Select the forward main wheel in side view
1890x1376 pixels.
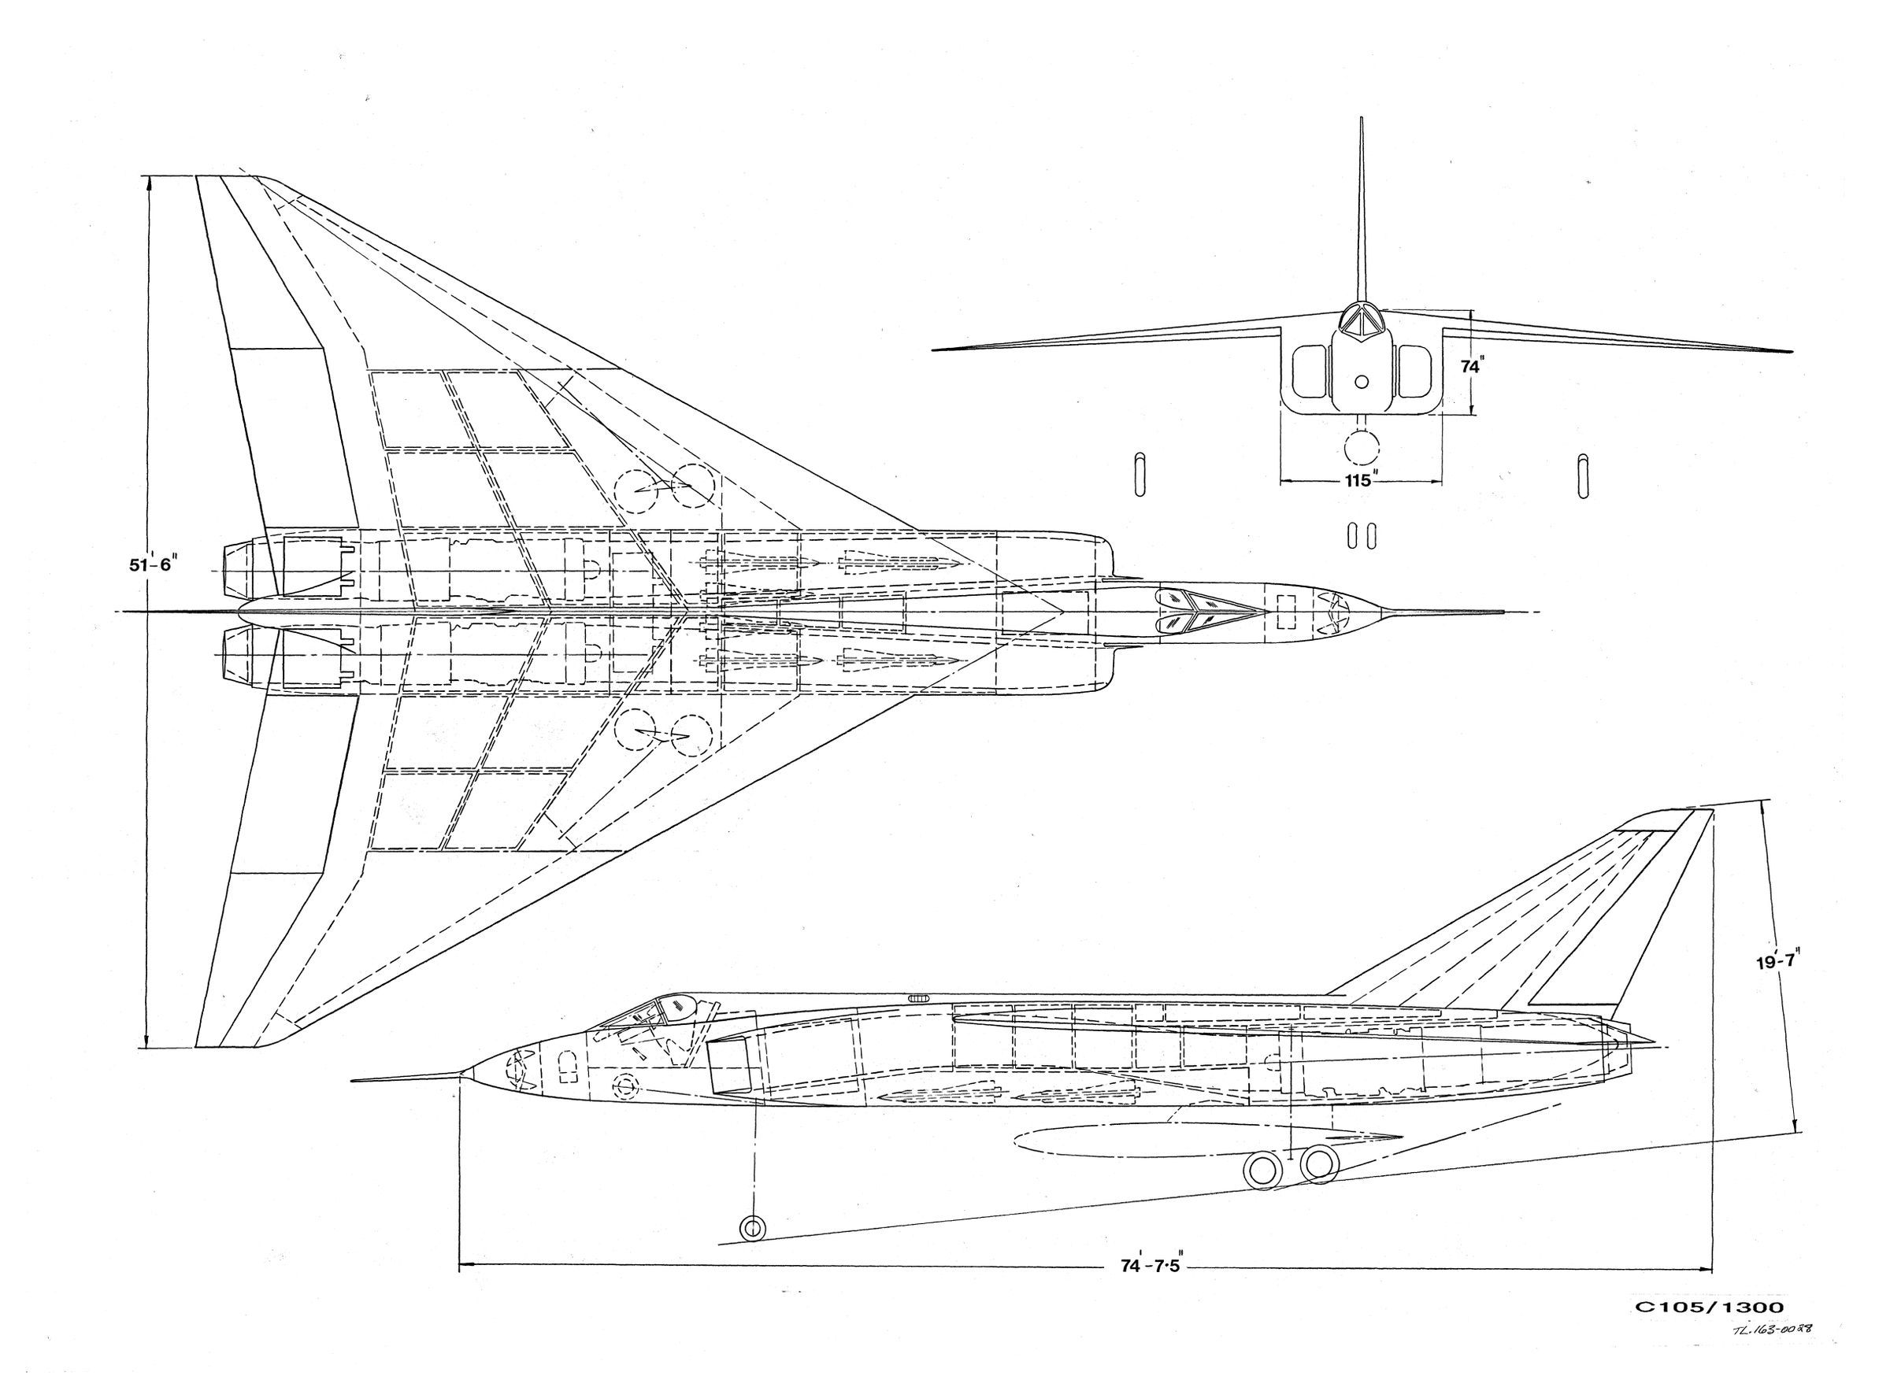(x=1263, y=1170)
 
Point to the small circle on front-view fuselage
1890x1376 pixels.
(x=1362, y=383)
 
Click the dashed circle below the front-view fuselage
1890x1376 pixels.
(x=1362, y=447)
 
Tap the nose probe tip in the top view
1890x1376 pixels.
(x=1500, y=612)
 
